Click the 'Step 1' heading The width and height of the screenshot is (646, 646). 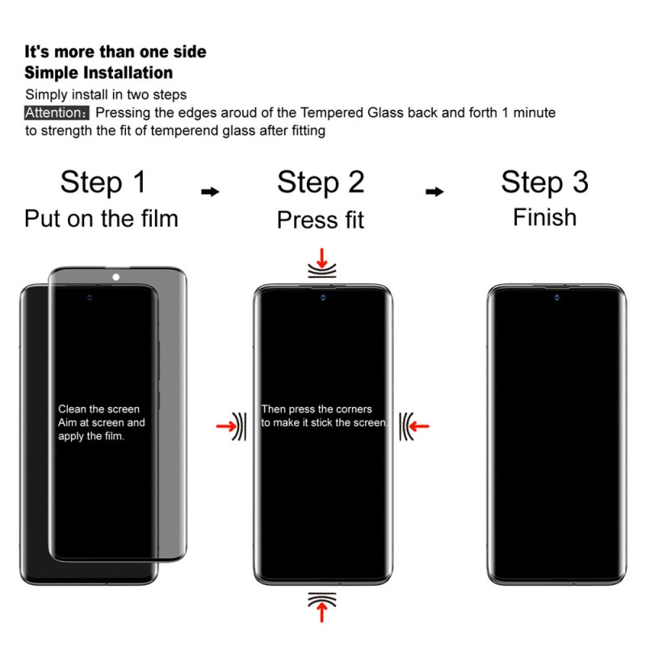[103, 182]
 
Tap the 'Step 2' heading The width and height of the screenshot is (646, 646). [321, 182]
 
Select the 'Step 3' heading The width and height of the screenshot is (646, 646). [544, 182]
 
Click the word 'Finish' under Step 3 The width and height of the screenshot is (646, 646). [544, 217]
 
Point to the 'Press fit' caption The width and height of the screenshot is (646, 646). [321, 220]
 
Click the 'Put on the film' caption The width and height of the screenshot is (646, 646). [102, 218]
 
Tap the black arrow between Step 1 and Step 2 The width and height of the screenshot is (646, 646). [210, 191]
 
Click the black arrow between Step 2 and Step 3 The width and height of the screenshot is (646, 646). [434, 191]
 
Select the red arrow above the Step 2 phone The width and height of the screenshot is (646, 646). [321, 258]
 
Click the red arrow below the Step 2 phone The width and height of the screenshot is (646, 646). [321, 611]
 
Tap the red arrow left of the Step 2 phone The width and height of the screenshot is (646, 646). [227, 426]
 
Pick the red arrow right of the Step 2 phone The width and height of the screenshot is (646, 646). [419, 426]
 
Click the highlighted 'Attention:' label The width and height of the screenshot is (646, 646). [57, 112]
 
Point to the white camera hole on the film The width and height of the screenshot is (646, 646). [116, 277]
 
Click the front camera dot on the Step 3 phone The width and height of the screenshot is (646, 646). [556, 297]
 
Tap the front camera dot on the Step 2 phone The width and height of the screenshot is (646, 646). [323, 297]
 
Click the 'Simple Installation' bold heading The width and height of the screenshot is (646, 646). [99, 73]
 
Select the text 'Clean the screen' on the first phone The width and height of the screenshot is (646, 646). [99, 409]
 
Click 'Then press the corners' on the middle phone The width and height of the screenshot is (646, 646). [317, 409]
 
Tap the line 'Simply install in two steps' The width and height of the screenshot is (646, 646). [106, 94]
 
